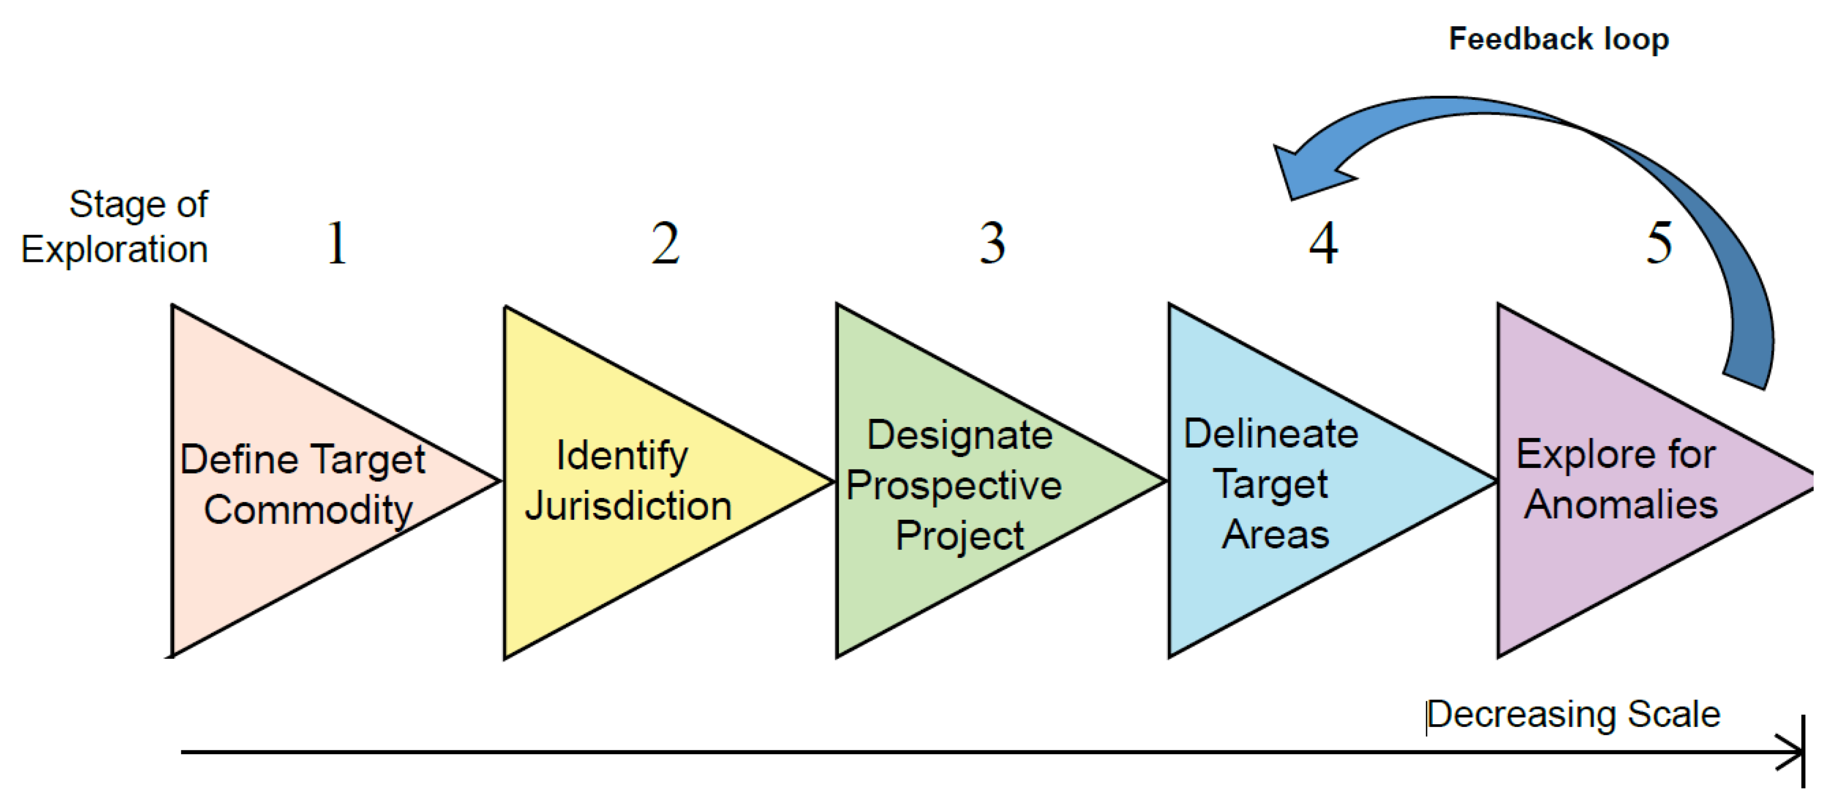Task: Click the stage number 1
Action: point(337,244)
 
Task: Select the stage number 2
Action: point(665,244)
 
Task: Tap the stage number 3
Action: point(992,244)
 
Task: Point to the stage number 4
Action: point(1323,244)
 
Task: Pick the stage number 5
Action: point(1659,244)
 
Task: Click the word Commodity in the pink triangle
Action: point(308,510)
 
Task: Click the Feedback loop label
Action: point(1559,39)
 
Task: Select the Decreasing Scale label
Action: point(1573,714)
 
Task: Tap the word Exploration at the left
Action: point(114,250)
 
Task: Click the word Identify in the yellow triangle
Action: point(622,456)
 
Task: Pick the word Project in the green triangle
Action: point(959,535)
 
